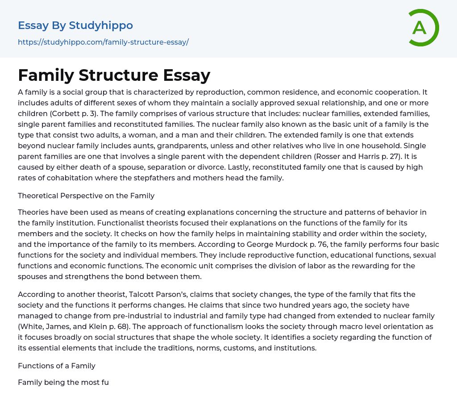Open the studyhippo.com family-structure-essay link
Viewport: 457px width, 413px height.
tap(103, 42)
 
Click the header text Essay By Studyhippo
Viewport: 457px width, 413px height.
tap(75, 25)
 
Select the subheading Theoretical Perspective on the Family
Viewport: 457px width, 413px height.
tap(86, 195)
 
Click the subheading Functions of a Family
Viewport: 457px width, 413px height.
tap(57, 366)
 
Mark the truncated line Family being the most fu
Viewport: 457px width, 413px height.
tap(63, 382)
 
